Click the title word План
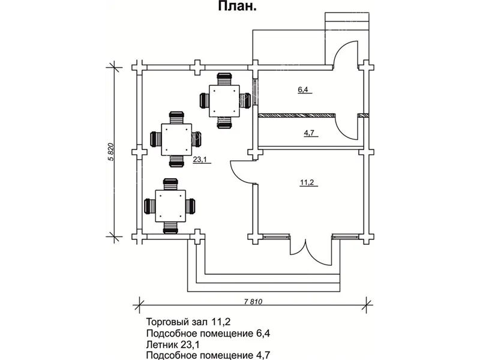(x=239, y=7)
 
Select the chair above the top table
(x=224, y=78)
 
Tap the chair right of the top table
(x=244, y=101)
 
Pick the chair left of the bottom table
(x=149, y=206)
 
